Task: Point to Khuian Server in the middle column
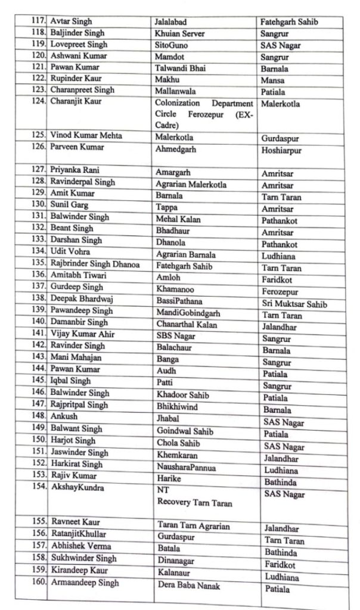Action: [179, 34]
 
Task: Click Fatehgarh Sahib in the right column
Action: [289, 23]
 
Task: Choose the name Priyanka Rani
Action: [76, 170]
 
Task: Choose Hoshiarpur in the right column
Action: [281, 150]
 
